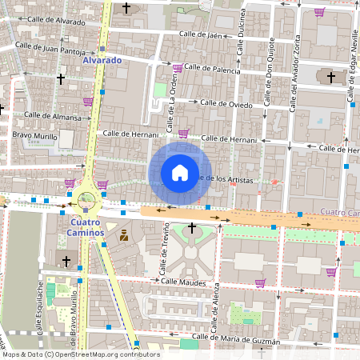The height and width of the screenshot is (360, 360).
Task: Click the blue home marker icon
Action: coord(179,172)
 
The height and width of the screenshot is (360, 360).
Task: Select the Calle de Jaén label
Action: coord(201,34)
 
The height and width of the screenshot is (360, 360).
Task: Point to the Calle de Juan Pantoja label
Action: coord(54,50)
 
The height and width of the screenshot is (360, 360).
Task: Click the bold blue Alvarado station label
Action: coord(102,60)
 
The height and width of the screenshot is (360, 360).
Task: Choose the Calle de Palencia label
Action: coord(212,70)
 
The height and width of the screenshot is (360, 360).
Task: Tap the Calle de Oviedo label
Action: coord(226,103)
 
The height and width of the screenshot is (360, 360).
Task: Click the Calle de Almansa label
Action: coord(53,116)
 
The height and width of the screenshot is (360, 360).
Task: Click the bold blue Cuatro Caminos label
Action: coord(86,227)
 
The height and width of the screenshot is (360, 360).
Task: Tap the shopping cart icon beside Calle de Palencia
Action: coord(177,69)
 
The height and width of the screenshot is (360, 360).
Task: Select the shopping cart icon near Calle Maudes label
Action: coord(260,282)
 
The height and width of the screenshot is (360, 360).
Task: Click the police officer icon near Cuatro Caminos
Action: coord(124,235)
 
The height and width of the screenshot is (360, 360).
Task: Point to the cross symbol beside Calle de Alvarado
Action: coord(126,9)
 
